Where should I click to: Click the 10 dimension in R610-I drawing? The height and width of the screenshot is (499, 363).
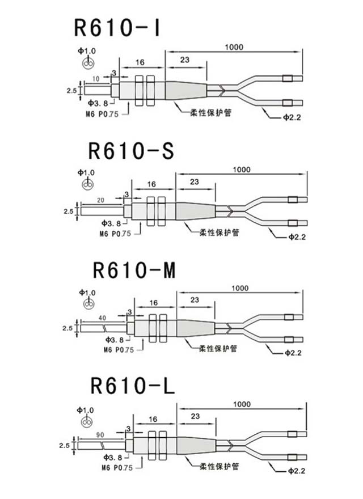click(x=96, y=77)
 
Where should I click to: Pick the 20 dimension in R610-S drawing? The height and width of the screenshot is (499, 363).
click(x=100, y=200)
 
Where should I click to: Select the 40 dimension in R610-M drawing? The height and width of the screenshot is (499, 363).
click(x=102, y=319)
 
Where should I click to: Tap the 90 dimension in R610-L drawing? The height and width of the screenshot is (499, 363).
click(x=100, y=434)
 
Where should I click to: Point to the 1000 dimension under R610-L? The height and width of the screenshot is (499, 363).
click(x=241, y=404)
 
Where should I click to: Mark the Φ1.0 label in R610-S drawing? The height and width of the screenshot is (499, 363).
click(x=87, y=172)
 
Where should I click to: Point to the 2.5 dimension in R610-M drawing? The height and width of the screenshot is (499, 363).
click(x=67, y=328)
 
